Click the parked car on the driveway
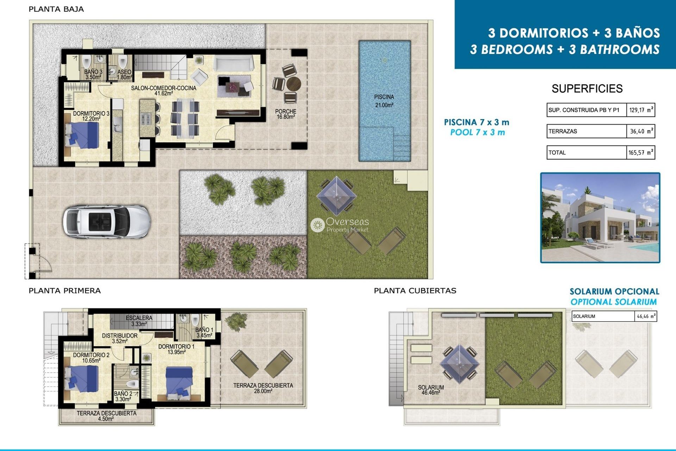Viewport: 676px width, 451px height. pyautogui.click(x=106, y=222)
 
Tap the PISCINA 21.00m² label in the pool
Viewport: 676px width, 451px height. pyautogui.click(x=384, y=101)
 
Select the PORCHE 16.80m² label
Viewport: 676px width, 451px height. pyautogui.click(x=286, y=114)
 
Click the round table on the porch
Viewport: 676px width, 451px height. pyautogui.click(x=293, y=84)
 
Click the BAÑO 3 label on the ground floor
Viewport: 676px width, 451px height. pyautogui.click(x=93, y=74)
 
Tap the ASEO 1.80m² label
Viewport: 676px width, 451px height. pyautogui.click(x=124, y=74)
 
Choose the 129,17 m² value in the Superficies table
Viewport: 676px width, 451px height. pyautogui.click(x=641, y=110)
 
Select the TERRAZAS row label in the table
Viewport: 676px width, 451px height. pyautogui.click(x=563, y=131)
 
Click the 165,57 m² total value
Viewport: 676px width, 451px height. pyautogui.click(x=641, y=153)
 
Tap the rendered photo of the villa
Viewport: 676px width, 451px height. pyautogui.click(x=600, y=218)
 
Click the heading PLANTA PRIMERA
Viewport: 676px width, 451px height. pyautogui.click(x=64, y=291)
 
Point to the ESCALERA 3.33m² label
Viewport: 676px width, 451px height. pyautogui.click(x=139, y=321)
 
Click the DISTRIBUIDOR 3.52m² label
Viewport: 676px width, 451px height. pyautogui.click(x=120, y=338)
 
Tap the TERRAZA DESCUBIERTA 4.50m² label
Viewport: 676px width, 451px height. pyautogui.click(x=106, y=416)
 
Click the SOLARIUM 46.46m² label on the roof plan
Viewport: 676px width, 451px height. pyautogui.click(x=431, y=390)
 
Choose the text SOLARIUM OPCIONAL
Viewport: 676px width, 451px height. pyautogui.click(x=614, y=291)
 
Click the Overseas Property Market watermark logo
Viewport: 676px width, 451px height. pyautogui.click(x=339, y=225)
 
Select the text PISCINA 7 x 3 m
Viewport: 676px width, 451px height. pyautogui.click(x=476, y=122)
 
